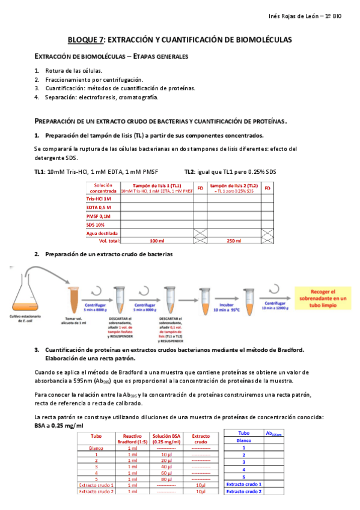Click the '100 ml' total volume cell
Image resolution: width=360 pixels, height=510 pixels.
point(157,241)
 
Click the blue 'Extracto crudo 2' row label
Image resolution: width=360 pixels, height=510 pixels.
point(244,491)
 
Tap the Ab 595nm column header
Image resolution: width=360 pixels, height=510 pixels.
point(273,433)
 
